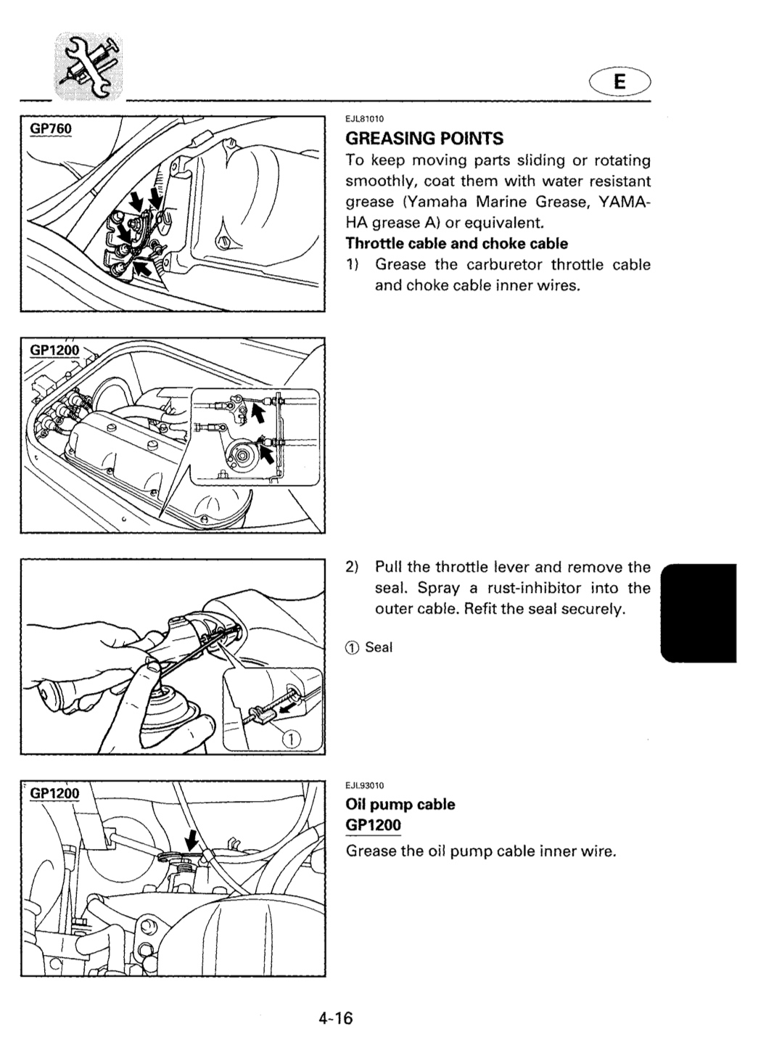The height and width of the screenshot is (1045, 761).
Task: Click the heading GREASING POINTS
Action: pos(424,139)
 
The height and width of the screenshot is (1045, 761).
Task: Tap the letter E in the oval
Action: pos(620,82)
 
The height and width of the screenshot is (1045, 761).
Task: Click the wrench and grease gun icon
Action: pos(89,66)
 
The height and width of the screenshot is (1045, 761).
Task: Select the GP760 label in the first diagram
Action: pos(51,128)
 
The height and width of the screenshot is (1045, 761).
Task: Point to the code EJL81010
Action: pos(365,119)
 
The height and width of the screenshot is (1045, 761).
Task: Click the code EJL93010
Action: pos(365,785)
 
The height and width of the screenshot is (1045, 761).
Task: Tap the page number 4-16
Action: pos(336,1018)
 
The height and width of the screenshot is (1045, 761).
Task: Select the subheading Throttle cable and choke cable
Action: pos(456,244)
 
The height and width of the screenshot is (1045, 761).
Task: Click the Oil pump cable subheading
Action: pos(400,804)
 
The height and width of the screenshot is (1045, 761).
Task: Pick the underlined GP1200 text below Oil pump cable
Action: pos(373,825)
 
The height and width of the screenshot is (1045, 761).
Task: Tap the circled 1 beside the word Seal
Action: pos(352,647)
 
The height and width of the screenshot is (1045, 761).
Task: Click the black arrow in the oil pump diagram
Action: pos(192,842)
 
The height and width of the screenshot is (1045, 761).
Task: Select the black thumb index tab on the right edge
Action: pos(699,612)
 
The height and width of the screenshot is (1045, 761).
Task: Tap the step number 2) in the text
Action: pos(352,567)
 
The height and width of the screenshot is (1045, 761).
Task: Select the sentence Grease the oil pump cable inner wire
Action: pos(481,851)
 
